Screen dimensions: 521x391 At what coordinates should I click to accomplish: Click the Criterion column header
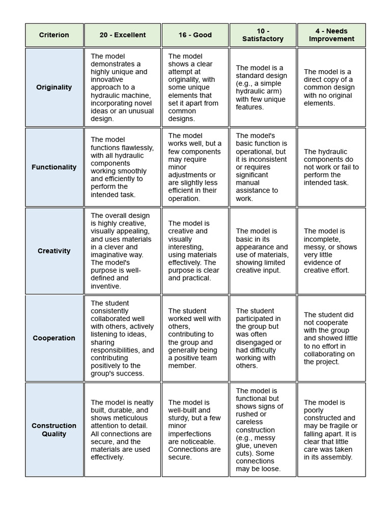pyautogui.click(x=54, y=35)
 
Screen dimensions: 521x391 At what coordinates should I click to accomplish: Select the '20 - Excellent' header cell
pyautogui.click(x=122, y=35)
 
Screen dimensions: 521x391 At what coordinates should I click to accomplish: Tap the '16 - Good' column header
pyautogui.click(x=195, y=35)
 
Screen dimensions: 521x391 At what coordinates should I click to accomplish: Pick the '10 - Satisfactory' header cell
pyautogui.click(x=263, y=35)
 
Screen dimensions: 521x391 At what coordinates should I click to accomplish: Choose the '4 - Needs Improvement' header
pyautogui.click(x=331, y=35)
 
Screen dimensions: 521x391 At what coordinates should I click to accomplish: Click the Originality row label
pyautogui.click(x=54, y=87)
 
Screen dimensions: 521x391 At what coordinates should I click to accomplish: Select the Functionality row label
pyautogui.click(x=54, y=167)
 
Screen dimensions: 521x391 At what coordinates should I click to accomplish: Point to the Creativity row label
pyautogui.click(x=54, y=251)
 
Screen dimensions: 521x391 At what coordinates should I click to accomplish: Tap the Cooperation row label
pyautogui.click(x=54, y=338)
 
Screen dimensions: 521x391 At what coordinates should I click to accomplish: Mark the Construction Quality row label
pyautogui.click(x=54, y=429)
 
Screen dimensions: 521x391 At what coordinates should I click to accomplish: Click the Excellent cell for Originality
pyautogui.click(x=122, y=87)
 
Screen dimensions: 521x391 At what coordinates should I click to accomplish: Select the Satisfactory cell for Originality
pyautogui.click(x=263, y=87)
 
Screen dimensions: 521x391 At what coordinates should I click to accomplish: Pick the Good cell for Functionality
pyautogui.click(x=195, y=167)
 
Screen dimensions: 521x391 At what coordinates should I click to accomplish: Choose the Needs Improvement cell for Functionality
pyautogui.click(x=331, y=167)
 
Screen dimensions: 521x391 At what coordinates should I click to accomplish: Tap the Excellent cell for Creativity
pyautogui.click(x=122, y=251)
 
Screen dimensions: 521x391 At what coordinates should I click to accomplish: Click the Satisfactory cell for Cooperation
pyautogui.click(x=263, y=338)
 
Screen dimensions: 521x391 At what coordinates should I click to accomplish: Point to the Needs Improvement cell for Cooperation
pyautogui.click(x=331, y=338)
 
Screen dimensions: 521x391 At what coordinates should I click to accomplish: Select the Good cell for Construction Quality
pyautogui.click(x=195, y=429)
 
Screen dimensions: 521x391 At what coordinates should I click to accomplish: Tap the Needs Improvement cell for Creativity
pyautogui.click(x=331, y=251)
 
